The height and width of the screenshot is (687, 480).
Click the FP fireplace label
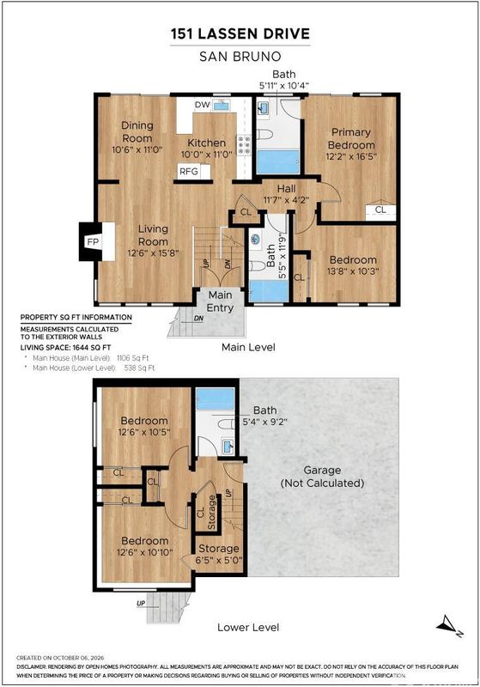point(93,241)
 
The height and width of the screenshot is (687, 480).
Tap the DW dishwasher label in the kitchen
point(203,105)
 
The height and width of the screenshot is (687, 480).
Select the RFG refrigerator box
point(194,171)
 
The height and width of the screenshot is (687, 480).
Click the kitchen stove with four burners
point(245,144)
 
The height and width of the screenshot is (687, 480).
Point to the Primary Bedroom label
point(351,138)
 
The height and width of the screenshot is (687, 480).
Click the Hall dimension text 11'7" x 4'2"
point(287,200)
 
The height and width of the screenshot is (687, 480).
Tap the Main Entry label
point(220,301)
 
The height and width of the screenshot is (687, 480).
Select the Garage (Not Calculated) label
point(322,477)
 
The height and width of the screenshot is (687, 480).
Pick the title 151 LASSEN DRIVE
point(240,33)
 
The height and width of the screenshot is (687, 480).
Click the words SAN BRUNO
point(240,57)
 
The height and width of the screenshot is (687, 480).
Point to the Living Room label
point(153,234)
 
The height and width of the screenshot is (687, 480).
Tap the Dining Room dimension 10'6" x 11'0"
point(137,149)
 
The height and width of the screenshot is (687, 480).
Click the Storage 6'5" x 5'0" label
point(219,554)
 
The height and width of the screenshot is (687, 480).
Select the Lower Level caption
point(248,628)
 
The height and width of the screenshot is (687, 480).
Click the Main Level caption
point(248,348)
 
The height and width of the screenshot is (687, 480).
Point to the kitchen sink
point(222,105)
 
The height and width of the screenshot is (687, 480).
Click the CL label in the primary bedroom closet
point(380,210)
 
